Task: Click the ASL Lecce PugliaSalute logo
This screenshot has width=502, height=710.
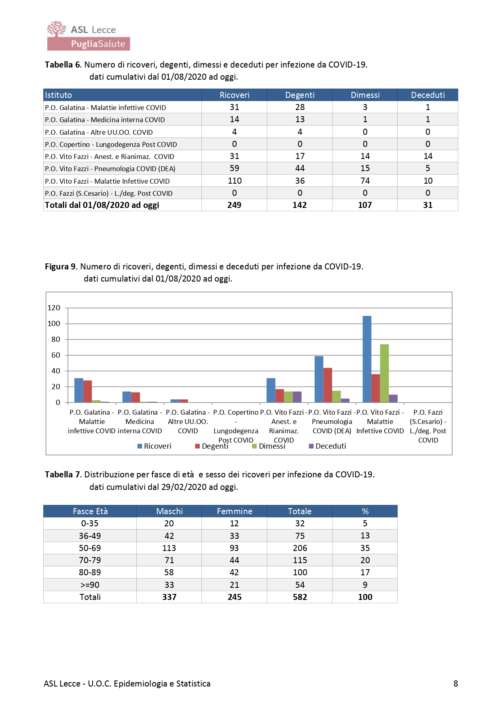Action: (x=88, y=36)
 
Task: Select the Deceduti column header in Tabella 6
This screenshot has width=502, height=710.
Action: (x=428, y=95)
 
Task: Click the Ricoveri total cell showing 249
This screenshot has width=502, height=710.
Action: (x=234, y=205)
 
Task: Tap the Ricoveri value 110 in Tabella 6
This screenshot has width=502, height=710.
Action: (x=235, y=181)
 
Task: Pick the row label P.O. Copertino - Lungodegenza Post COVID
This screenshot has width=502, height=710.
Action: (x=111, y=144)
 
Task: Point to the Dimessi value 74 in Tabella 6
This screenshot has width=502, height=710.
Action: (x=365, y=181)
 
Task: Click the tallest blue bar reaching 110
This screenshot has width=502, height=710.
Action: (x=367, y=359)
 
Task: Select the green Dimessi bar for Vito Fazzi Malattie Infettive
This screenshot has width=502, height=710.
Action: (x=384, y=373)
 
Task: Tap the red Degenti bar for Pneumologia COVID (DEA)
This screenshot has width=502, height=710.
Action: (x=328, y=385)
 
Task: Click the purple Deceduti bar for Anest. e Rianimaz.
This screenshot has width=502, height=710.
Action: (x=297, y=397)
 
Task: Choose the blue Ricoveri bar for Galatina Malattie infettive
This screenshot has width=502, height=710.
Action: (x=79, y=390)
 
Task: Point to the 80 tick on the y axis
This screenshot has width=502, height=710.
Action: (x=56, y=339)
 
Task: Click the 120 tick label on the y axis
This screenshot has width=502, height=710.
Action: (x=54, y=308)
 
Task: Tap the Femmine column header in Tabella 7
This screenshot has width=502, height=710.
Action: (x=234, y=511)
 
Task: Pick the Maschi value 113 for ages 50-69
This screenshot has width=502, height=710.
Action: (x=169, y=548)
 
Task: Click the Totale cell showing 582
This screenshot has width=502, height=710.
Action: (x=300, y=597)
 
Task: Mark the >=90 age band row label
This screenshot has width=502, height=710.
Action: (x=90, y=585)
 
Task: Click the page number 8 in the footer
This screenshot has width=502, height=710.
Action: (x=455, y=684)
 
